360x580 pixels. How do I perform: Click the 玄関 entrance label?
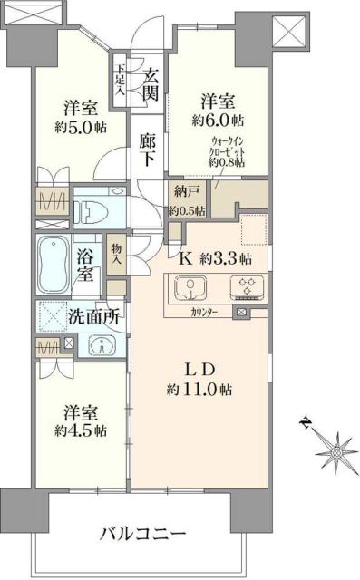tap(151, 81)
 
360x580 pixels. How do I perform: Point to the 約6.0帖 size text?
tap(218, 120)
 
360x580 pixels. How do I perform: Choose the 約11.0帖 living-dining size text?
tap(199, 391)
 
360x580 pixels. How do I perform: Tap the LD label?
tap(199, 370)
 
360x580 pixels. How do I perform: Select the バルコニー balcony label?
tap(142, 531)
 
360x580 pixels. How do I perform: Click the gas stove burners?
tap(245, 288)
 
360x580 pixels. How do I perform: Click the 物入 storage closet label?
tap(116, 255)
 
